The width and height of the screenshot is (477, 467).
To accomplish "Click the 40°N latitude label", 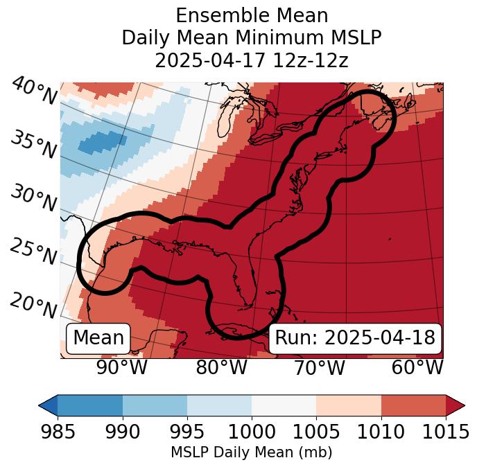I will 33,91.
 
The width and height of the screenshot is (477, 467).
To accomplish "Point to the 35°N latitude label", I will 33,145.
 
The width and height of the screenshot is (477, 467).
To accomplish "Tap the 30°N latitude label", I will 33,199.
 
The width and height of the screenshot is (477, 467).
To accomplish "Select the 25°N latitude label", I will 33,252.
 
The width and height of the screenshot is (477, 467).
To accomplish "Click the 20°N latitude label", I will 33,305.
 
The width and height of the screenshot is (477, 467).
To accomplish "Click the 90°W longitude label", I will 122,367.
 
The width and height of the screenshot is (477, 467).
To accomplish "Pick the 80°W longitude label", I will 221,367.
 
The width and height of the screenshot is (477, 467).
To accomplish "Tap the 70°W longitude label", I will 319,367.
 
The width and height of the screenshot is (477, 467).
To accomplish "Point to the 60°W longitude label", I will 417,367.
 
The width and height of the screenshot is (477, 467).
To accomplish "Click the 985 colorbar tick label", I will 58,432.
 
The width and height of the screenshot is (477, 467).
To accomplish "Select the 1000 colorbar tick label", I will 252,432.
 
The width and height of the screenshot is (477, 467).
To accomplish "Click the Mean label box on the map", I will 98,338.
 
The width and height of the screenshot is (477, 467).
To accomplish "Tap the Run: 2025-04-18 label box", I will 355,338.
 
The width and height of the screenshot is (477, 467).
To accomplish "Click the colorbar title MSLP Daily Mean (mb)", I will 251,453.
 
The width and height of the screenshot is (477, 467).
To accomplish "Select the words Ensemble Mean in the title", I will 252,16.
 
